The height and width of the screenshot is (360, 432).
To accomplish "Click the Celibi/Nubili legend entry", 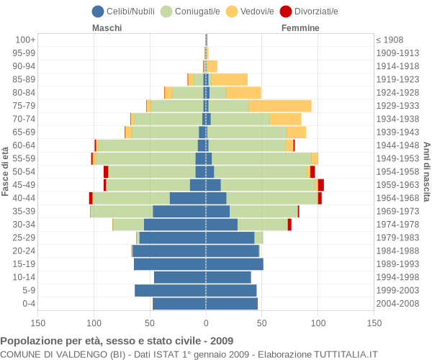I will (125, 11).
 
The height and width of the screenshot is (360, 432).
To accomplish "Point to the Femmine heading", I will (300, 28).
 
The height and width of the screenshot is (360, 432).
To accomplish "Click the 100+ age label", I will (25, 40).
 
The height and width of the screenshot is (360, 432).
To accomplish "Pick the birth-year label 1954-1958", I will (398, 171).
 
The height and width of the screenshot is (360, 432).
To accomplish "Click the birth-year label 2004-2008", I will (398, 304).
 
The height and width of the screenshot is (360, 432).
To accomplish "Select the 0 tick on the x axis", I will (206, 324).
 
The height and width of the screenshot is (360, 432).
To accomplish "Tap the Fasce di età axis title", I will (6, 171).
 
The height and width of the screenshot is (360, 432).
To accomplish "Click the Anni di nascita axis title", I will (426, 171).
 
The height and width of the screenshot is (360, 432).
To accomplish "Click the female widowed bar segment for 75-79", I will (280, 106).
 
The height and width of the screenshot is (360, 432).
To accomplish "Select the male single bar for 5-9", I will (170, 290).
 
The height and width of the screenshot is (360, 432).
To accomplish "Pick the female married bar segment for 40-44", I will (272, 198).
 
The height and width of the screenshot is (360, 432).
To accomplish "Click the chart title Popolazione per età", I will (117, 341).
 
